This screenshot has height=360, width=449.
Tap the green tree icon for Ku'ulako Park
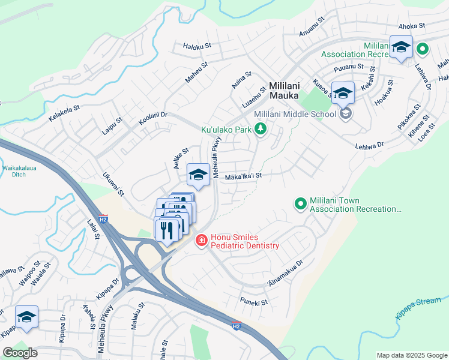260,128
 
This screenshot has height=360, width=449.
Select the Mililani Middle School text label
295,114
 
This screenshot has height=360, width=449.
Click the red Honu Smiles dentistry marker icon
201,241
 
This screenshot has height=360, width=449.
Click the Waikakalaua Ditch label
19,172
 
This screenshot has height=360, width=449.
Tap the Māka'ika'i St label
244,176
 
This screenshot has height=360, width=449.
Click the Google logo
20,352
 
